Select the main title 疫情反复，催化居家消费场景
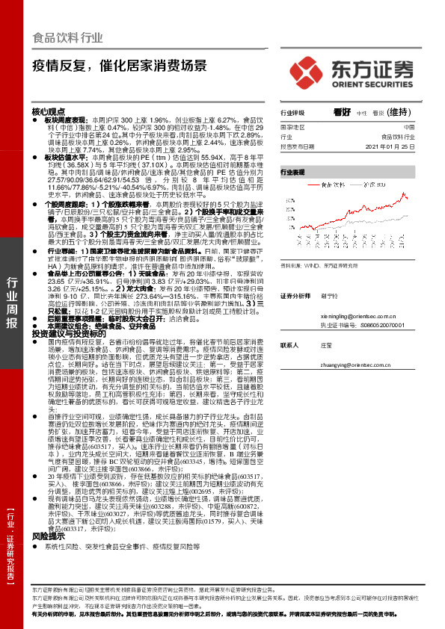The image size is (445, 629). click(120, 65)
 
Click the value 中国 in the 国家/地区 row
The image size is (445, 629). click(408, 128)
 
